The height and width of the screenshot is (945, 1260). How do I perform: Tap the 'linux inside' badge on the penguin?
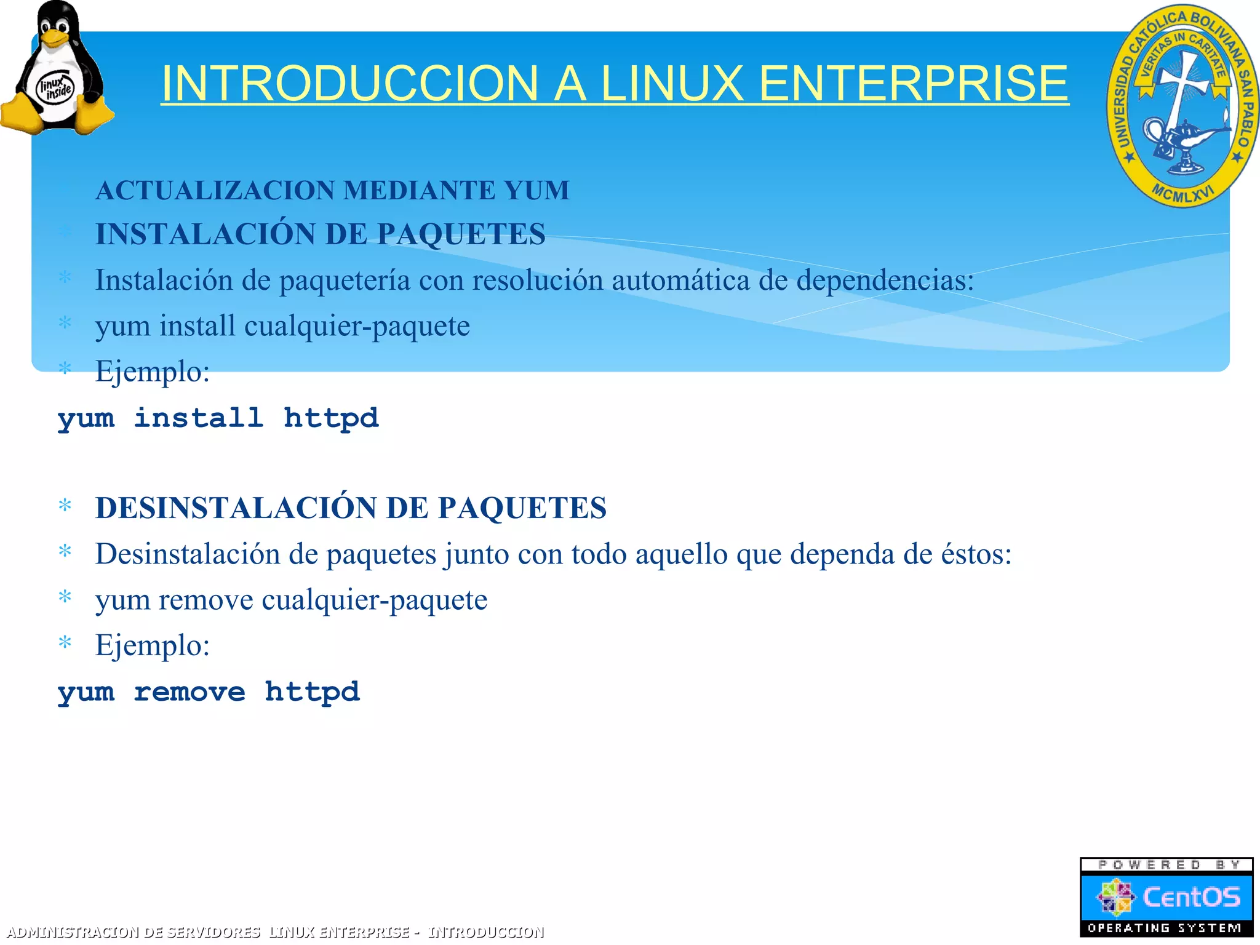pyautogui.click(x=55, y=89)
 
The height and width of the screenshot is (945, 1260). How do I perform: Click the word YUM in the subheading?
pyautogui.click(x=537, y=190)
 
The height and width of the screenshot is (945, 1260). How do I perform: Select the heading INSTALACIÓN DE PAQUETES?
pyautogui.click(x=320, y=234)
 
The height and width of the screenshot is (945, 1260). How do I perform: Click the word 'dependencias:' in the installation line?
pyautogui.click(x=885, y=281)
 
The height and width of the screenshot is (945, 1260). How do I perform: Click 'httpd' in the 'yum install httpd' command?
pyautogui.click(x=331, y=418)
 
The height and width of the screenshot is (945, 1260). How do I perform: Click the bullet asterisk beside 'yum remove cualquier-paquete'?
pyautogui.click(x=65, y=597)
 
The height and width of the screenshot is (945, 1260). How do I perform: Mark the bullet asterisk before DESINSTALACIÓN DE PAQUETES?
pyautogui.click(x=65, y=506)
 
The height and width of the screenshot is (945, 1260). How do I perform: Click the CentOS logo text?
pyautogui.click(x=1191, y=897)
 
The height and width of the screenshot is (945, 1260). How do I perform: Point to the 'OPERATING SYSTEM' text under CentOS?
pyautogui.click(x=1165, y=928)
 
